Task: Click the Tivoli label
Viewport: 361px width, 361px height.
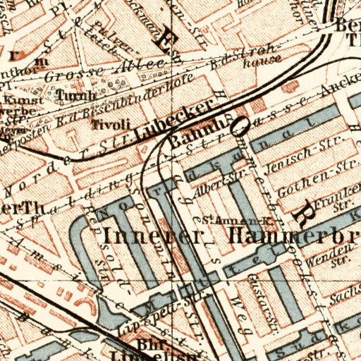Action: point(111,124)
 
